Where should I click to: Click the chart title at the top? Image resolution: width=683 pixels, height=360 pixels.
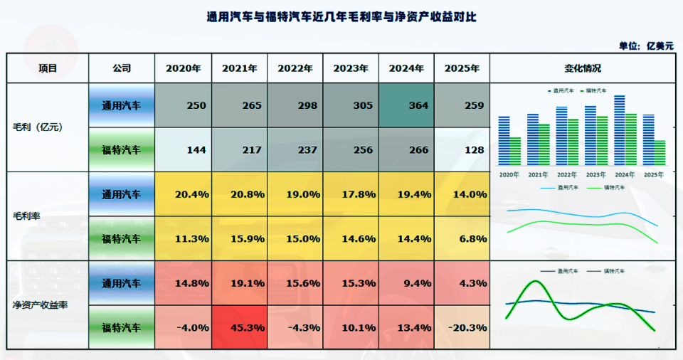(341, 16)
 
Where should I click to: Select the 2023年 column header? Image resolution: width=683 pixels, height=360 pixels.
(351, 69)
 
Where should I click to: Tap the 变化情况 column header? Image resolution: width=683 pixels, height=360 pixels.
(582, 69)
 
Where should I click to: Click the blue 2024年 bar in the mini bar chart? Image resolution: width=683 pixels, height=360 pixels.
(619, 132)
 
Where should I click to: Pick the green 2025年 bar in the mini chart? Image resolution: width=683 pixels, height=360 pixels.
(660, 153)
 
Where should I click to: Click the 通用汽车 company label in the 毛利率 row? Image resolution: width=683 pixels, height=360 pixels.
(121, 194)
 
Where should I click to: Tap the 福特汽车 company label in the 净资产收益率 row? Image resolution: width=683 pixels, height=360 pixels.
(121, 328)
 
